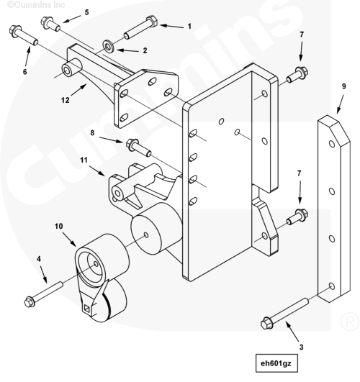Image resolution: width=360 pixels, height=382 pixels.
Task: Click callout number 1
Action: pos(189,27)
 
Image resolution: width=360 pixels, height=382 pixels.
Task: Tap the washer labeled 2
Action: pos(108,46)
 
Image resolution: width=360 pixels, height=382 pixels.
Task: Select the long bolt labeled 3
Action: pos(284,314)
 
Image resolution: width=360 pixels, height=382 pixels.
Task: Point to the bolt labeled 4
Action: pos(43,294)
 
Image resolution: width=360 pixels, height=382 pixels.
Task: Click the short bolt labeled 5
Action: pos(50,24)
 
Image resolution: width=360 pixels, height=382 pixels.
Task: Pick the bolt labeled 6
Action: pos(24,35)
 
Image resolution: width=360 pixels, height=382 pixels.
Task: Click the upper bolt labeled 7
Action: pos(297,75)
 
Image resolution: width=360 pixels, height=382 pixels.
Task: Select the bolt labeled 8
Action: pos(138,147)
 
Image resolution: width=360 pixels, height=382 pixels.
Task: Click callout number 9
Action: pos(343,86)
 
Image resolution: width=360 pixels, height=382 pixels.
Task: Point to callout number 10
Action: pos(58,227)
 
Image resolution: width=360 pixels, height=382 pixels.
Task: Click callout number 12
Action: pos(65,100)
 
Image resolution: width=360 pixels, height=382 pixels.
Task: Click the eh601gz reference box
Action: pos(276,363)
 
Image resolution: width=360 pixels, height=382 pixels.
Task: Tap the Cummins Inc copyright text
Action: pos(36,4)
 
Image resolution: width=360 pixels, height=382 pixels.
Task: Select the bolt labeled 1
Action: pos(140,27)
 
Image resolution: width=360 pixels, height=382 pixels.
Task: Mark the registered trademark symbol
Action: pos(350,321)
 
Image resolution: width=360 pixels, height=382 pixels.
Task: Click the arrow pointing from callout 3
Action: pos(292,332)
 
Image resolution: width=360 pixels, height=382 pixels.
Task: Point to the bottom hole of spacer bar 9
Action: pos(332,286)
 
